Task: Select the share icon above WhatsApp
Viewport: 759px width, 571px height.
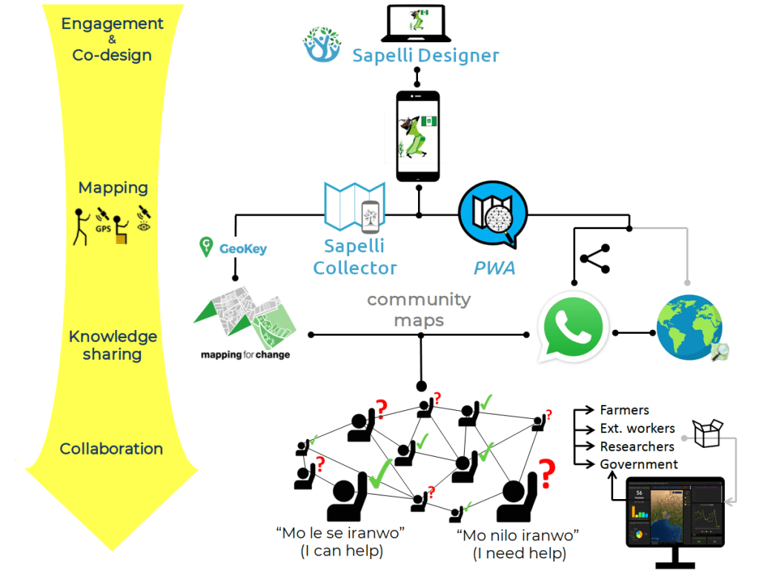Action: pos(594,259)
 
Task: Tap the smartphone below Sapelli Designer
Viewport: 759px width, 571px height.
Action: pos(417,136)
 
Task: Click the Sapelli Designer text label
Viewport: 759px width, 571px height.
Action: pos(425,56)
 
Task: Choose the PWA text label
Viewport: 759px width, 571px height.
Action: pos(494,268)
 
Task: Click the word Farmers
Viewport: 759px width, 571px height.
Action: pos(624,410)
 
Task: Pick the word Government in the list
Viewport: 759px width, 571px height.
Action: pos(639,464)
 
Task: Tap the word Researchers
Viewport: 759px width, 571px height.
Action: pos(637,446)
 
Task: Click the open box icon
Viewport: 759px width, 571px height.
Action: pos(706,433)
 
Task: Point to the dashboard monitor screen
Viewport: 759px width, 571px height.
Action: pos(675,512)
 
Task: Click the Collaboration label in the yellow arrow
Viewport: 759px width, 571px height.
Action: pos(111,449)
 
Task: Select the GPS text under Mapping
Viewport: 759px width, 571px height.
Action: pos(103,228)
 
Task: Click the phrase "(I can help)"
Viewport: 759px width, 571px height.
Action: pos(342,551)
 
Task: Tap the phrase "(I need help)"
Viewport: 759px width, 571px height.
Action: pos(519,552)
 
